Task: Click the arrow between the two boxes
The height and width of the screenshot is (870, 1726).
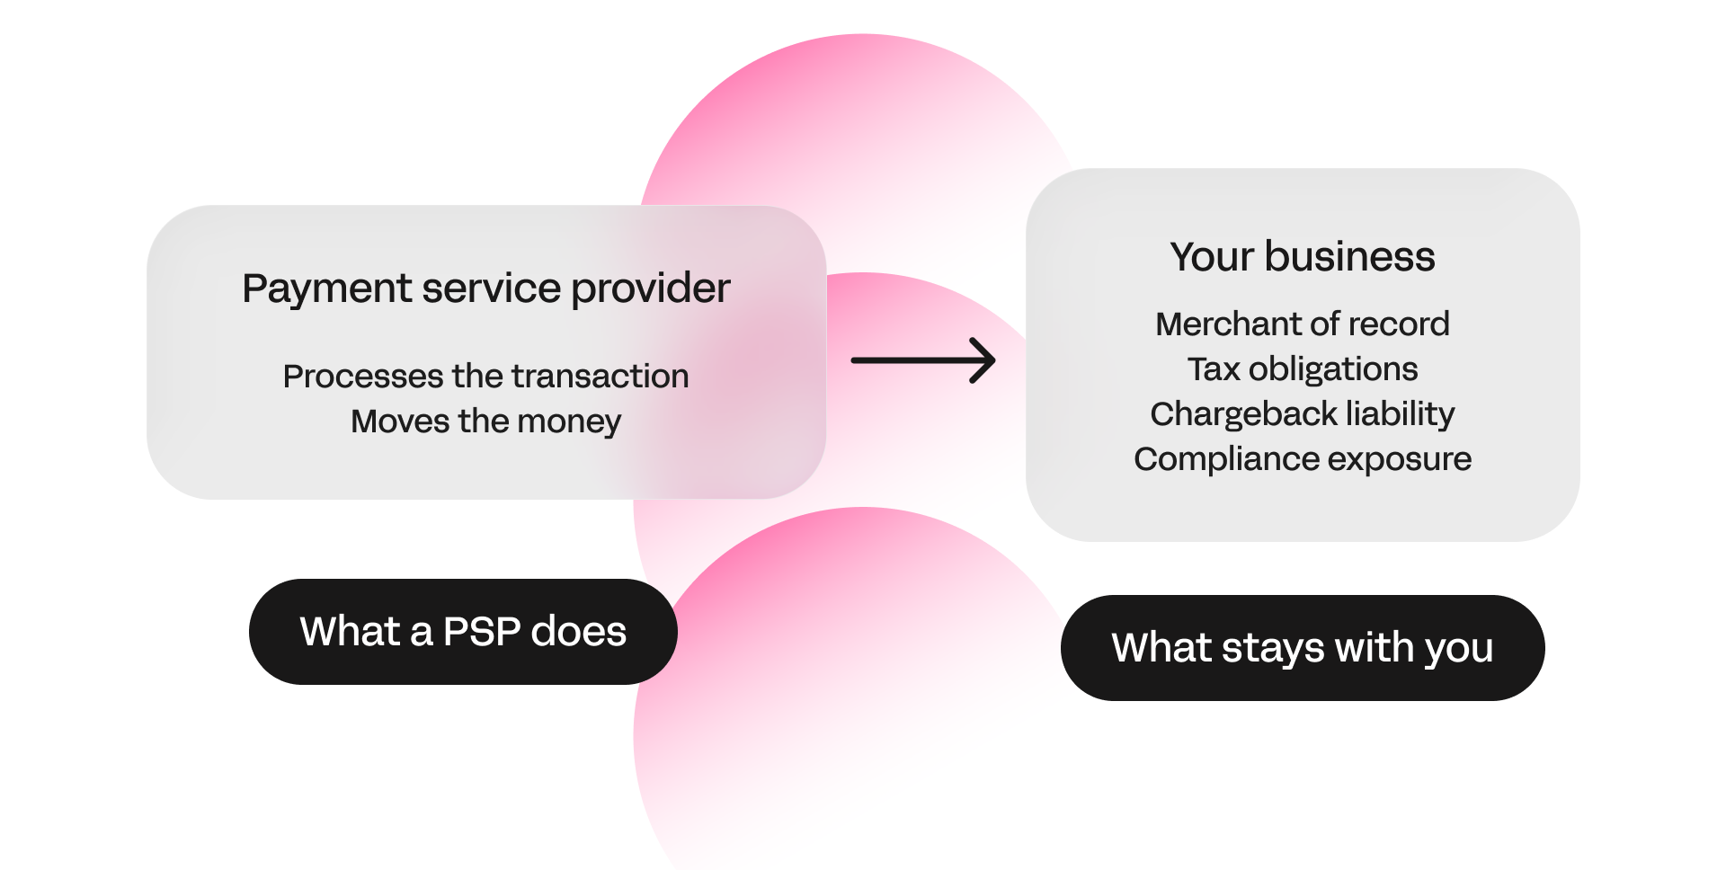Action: click(922, 360)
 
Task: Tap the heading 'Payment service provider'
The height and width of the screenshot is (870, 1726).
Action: click(485, 289)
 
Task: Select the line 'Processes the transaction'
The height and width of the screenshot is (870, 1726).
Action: click(485, 376)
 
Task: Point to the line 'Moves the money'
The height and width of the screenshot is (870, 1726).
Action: click(485, 421)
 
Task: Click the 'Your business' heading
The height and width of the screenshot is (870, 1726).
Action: click(1302, 257)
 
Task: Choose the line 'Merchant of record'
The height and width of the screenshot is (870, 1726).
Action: click(1302, 324)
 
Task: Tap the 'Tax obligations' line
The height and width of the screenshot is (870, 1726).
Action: click(1302, 368)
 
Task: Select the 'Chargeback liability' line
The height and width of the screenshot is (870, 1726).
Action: click(1302, 413)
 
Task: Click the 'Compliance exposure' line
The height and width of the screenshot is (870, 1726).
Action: click(1302, 458)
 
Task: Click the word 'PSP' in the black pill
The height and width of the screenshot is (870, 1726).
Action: click(482, 631)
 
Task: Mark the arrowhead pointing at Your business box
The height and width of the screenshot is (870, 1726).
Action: click(985, 360)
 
